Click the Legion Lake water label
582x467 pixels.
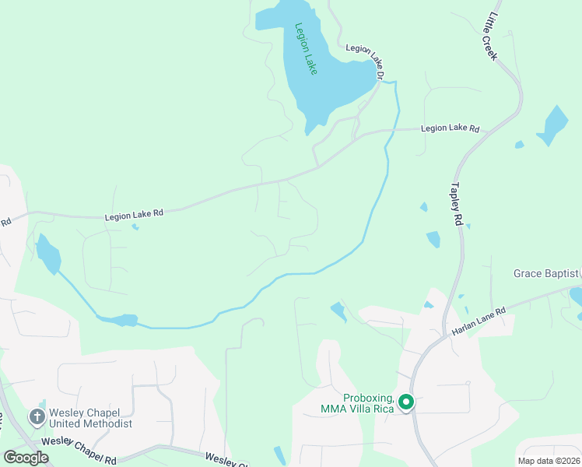(x=306, y=48)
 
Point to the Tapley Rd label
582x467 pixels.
(x=456, y=205)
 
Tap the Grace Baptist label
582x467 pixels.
(x=545, y=273)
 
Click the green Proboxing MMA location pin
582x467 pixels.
(x=405, y=402)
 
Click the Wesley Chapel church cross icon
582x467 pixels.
(x=37, y=417)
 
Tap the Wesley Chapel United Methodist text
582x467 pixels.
(x=90, y=418)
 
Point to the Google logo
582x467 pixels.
(x=26, y=458)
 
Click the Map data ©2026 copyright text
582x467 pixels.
(x=549, y=460)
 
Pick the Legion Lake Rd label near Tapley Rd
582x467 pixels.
(x=450, y=128)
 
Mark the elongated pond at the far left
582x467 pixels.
(x=47, y=254)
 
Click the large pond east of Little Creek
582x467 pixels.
(x=553, y=125)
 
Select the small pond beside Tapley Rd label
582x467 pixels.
(x=433, y=239)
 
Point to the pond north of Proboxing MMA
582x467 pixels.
(x=338, y=311)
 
